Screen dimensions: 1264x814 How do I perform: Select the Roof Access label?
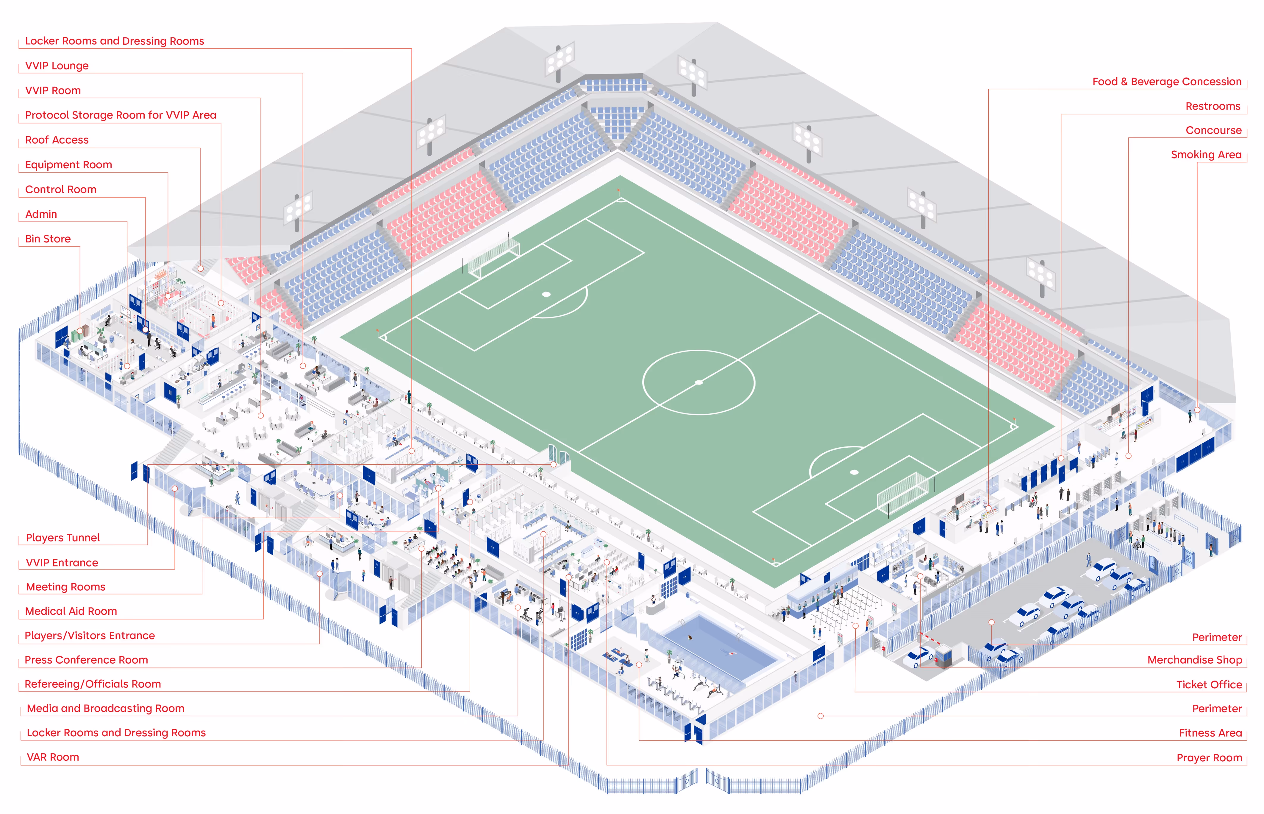57,140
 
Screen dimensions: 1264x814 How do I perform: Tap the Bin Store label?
48,239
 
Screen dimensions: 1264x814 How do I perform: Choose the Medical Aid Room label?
71,611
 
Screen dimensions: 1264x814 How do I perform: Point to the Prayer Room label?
1209,758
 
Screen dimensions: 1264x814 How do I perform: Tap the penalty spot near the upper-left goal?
547,294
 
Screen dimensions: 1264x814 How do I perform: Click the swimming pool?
718,649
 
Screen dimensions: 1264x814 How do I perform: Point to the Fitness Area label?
1210,733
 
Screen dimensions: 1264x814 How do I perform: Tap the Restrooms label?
1213,106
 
